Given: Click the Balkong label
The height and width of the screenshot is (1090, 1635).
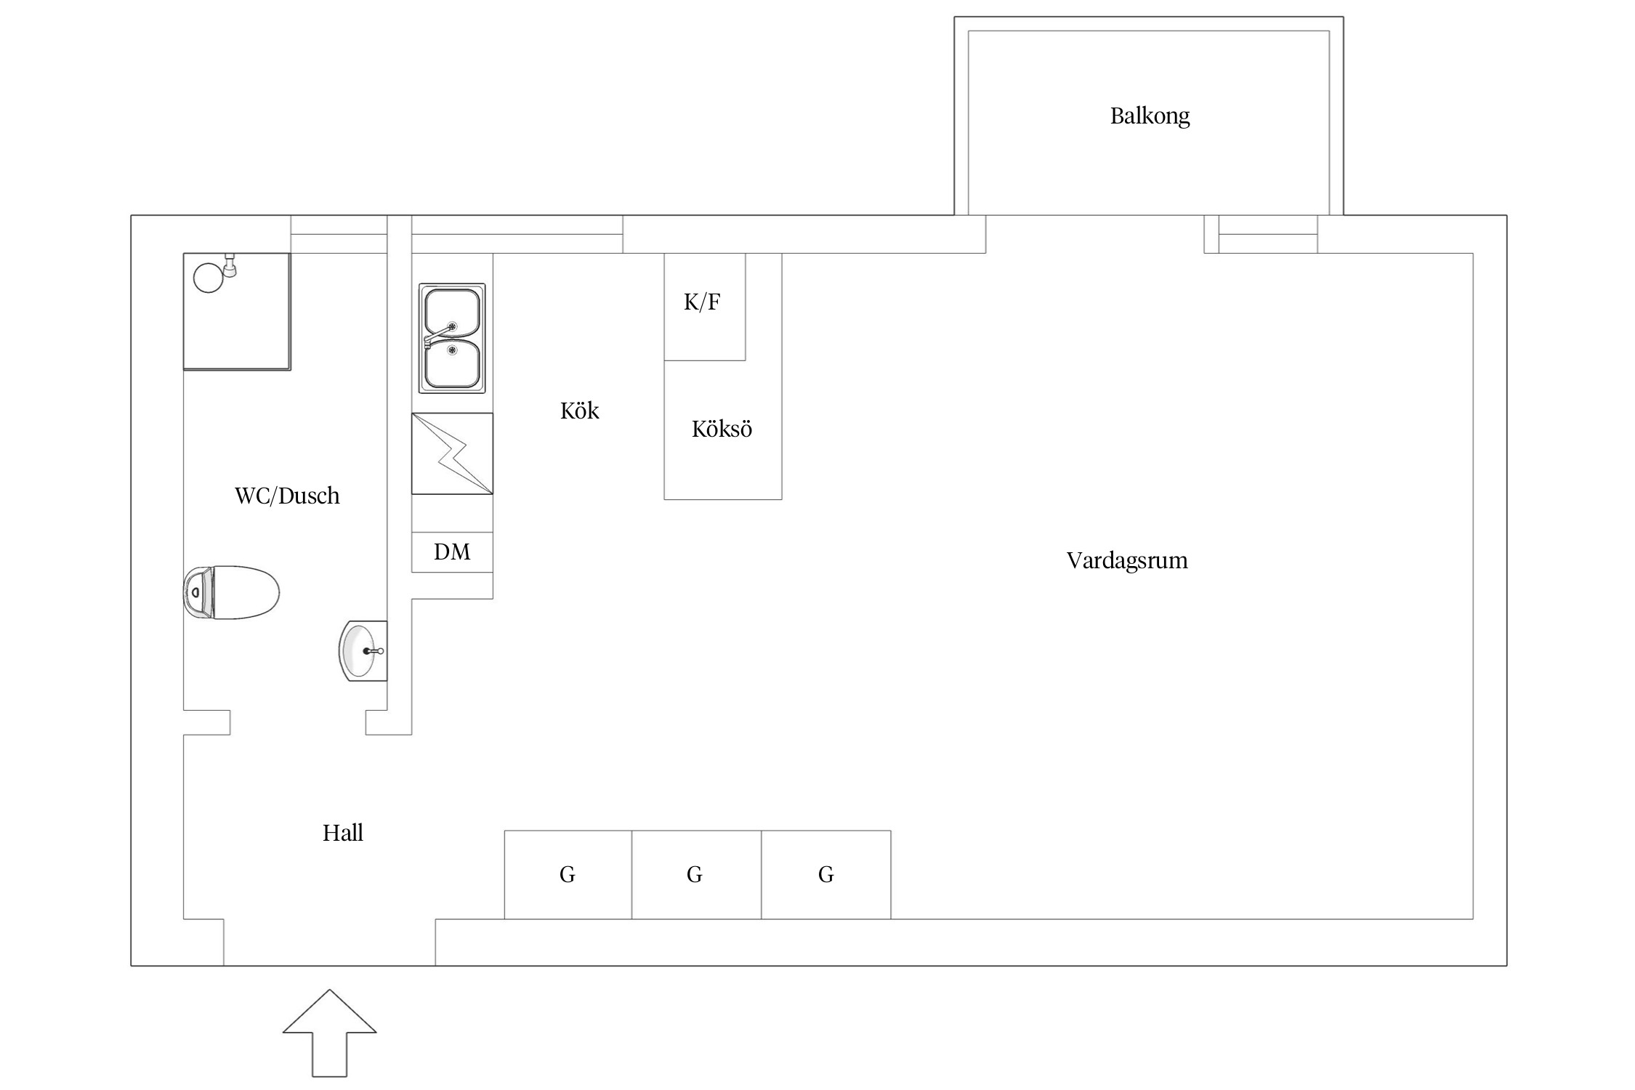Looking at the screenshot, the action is click(1150, 116).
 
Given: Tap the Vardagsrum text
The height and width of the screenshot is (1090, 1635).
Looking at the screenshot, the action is click(1127, 560).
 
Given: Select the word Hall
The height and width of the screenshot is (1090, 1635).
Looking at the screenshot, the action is click(343, 833).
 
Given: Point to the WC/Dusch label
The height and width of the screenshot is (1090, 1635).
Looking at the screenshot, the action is click(287, 496).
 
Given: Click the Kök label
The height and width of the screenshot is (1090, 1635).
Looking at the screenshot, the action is click(579, 411).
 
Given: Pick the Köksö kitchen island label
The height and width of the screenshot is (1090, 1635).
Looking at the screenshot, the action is click(722, 429).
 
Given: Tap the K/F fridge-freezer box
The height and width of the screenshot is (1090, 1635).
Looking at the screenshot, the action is click(705, 307).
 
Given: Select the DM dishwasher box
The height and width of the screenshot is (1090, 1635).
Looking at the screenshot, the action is click(452, 552).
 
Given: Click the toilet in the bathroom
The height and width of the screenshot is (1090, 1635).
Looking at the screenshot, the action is click(231, 592).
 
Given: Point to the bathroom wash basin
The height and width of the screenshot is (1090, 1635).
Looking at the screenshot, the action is click(363, 651).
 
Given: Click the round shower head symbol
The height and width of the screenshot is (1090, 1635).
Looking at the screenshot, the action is click(209, 278).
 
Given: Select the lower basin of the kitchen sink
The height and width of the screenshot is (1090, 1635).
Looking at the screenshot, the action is click(452, 363).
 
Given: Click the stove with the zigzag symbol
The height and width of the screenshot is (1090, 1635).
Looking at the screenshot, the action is click(452, 454).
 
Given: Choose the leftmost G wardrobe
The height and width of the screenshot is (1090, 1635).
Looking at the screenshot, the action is click(568, 875).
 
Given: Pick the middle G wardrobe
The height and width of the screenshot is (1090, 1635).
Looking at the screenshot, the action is click(696, 875).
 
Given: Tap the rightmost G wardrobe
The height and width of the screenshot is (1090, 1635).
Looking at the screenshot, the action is click(826, 875).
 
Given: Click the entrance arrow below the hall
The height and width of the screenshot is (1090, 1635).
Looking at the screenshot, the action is click(330, 1033).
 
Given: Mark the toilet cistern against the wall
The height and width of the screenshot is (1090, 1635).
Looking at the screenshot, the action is click(198, 593).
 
